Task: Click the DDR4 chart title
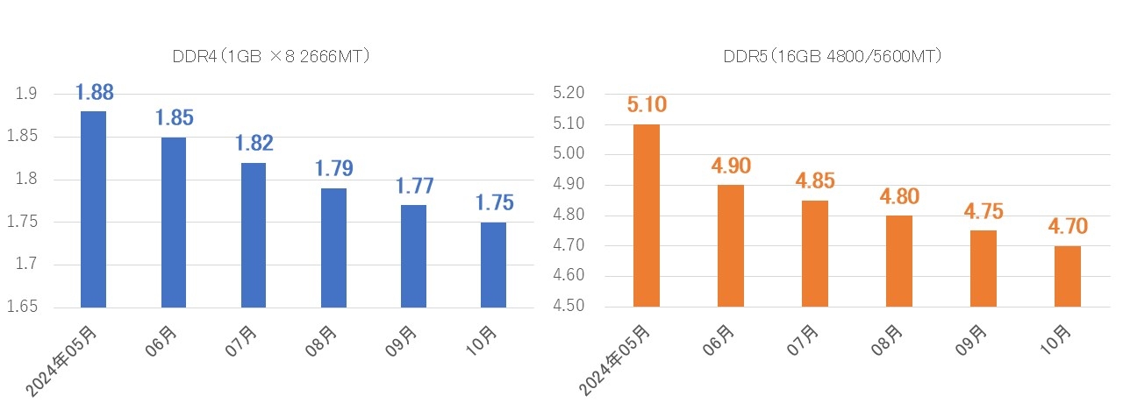[270, 57]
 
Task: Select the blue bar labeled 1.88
[93, 210]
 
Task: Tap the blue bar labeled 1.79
[334, 248]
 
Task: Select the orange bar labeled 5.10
[647, 216]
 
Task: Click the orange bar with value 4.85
[815, 254]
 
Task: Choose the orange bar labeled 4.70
[1068, 277]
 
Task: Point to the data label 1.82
[254, 144]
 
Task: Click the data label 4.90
[731, 166]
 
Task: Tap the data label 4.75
[983, 211]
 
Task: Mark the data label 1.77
[414, 186]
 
